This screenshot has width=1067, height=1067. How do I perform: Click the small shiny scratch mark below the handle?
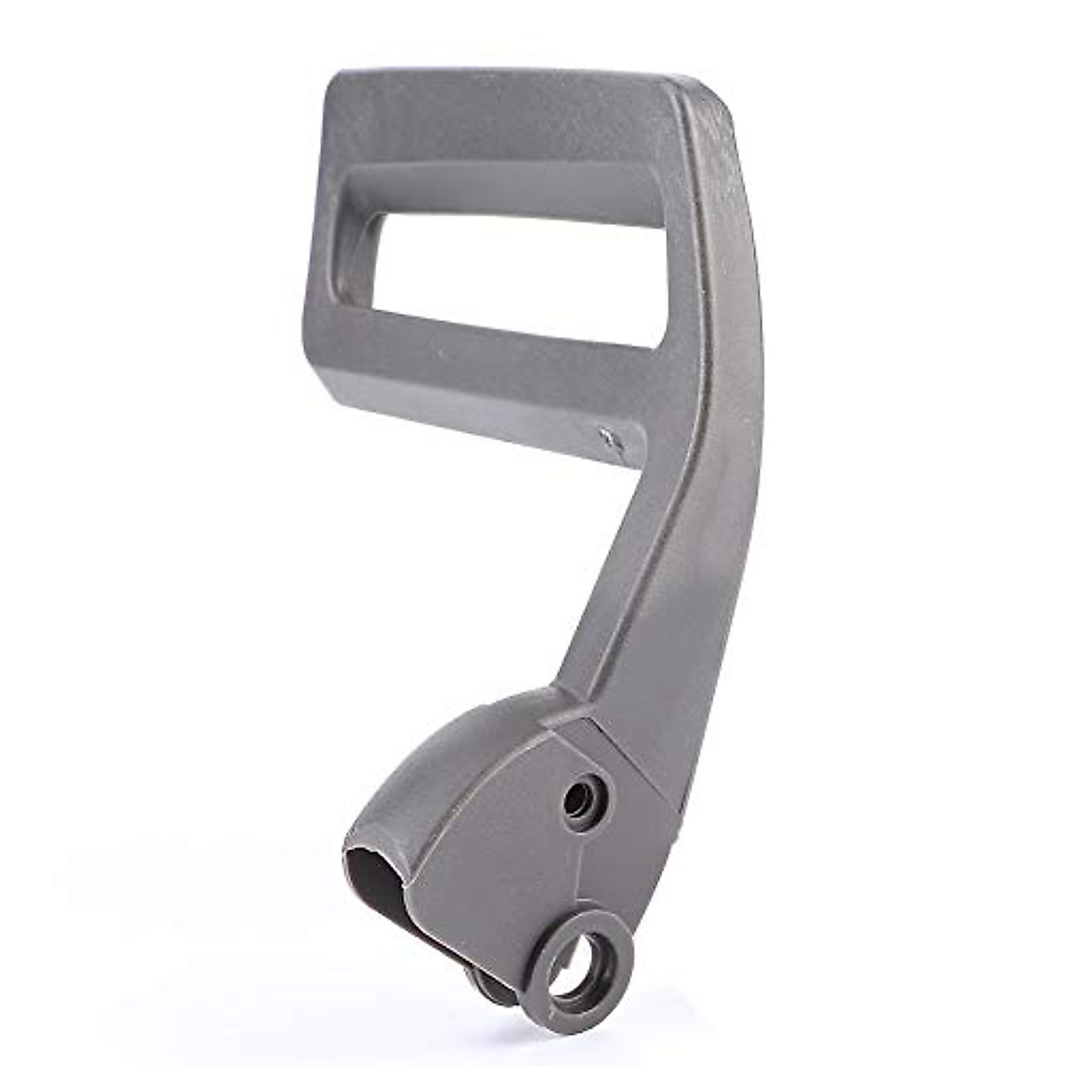point(612,437)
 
